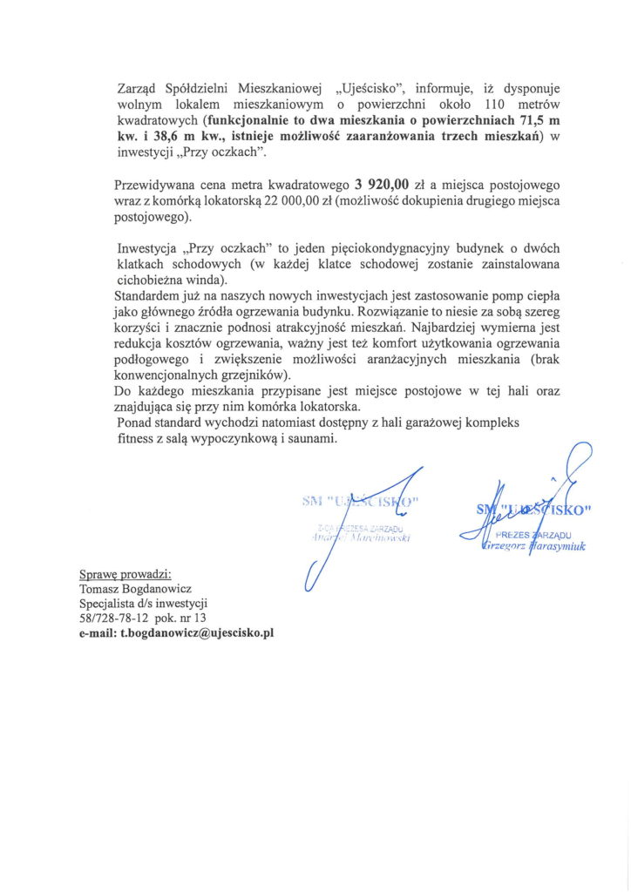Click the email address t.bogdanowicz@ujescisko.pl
pos(176,633)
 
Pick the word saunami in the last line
pos(311,441)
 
